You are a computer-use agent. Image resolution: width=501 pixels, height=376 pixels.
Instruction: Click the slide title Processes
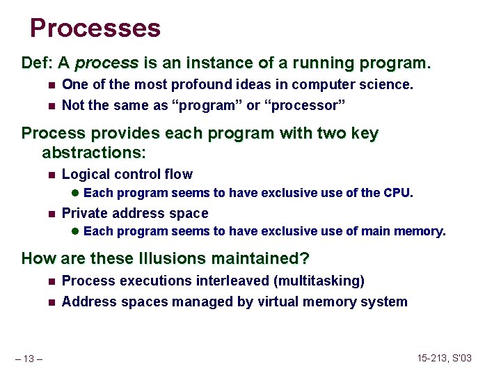point(95,28)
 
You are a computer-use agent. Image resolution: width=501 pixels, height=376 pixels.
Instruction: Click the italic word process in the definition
point(106,63)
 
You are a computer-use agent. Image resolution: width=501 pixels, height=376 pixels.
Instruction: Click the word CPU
point(397,193)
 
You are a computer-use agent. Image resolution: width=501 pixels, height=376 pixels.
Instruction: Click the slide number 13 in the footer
point(31,358)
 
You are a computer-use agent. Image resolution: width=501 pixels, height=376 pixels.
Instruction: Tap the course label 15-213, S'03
point(445,358)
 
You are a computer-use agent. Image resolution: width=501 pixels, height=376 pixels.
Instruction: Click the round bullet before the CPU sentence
point(75,194)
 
